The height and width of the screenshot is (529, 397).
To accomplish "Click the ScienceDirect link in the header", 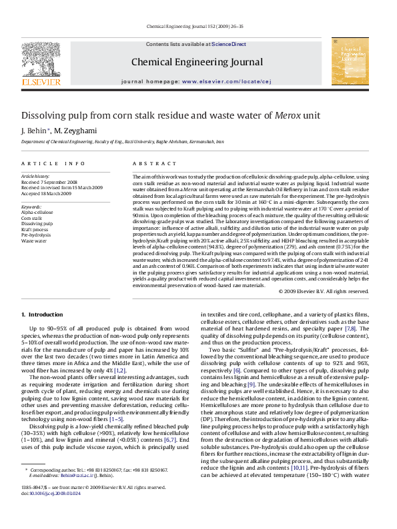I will [229, 44].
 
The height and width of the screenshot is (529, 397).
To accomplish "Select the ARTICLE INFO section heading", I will [53, 163].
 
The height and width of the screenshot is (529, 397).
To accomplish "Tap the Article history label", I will [35, 177].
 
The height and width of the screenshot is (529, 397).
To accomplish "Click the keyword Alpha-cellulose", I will [38, 212].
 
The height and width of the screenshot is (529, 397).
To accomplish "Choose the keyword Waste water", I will [34, 241].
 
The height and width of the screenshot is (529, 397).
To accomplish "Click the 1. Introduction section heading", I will [42, 314].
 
